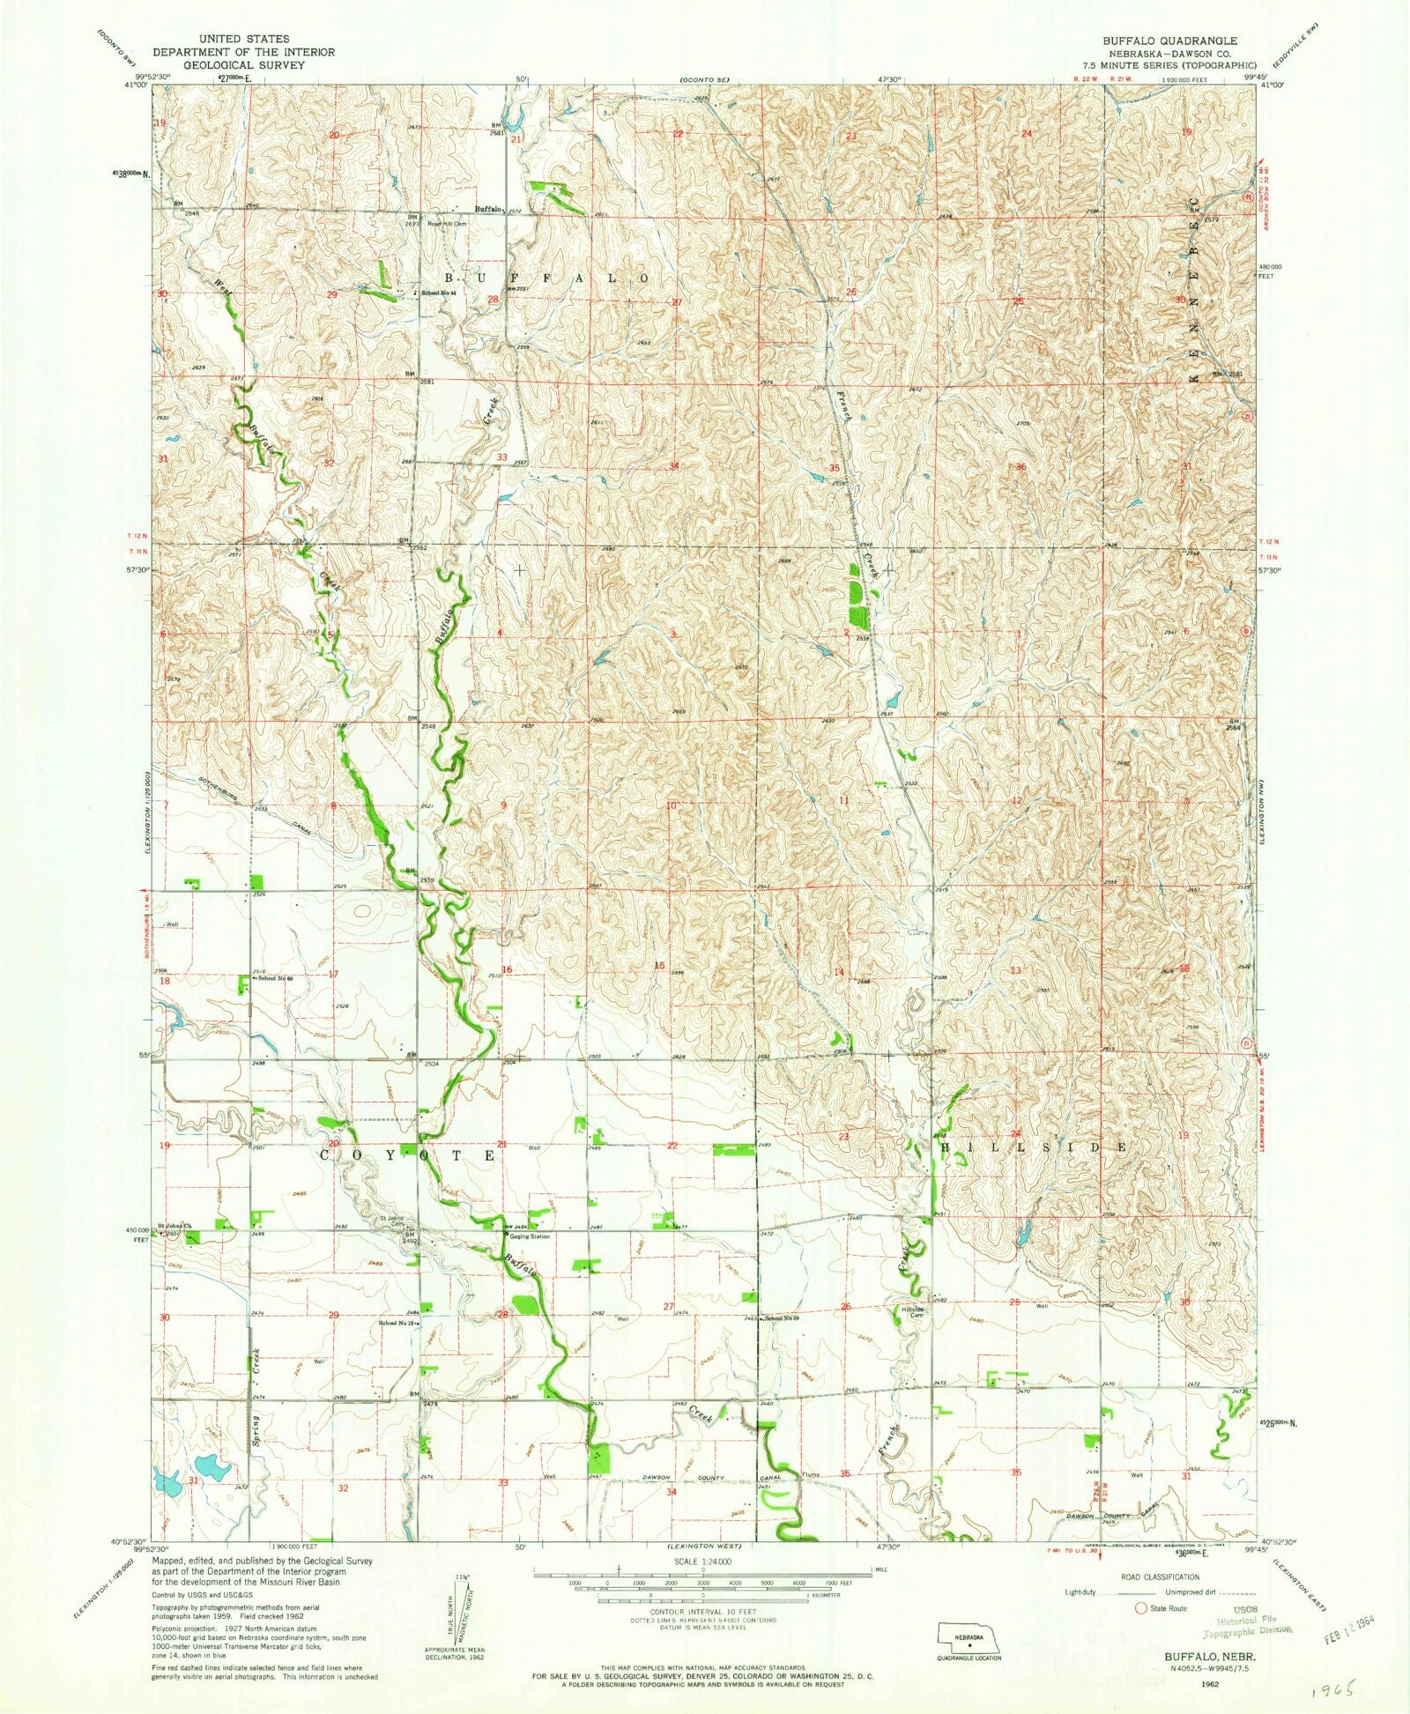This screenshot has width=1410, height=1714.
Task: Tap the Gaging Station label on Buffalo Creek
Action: click(x=529, y=1235)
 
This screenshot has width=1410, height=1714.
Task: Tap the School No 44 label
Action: click(x=438, y=293)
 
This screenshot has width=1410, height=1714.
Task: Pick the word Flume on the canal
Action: click(x=811, y=1474)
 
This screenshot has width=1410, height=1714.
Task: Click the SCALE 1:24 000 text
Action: click(x=702, y=1561)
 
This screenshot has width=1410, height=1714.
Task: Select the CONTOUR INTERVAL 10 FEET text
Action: click(x=702, y=1612)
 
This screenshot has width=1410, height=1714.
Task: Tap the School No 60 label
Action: click(x=273, y=979)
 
